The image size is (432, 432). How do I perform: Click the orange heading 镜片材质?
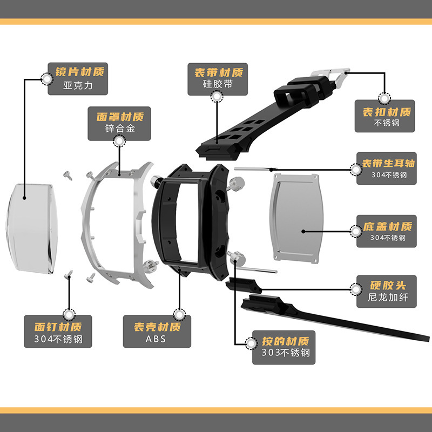(x=80, y=72)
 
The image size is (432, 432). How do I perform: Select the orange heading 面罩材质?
(x=120, y=117)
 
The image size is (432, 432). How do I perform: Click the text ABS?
(x=156, y=339)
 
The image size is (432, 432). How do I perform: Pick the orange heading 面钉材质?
(x=57, y=327)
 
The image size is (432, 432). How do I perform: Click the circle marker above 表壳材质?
(x=179, y=314)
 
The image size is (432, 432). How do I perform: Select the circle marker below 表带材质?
(x=217, y=97)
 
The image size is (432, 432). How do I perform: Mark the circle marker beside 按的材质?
(x=252, y=342)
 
